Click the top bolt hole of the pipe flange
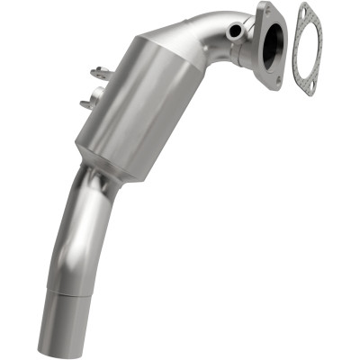[265, 10]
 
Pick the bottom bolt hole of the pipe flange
[281, 78]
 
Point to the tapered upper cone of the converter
[180, 54]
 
